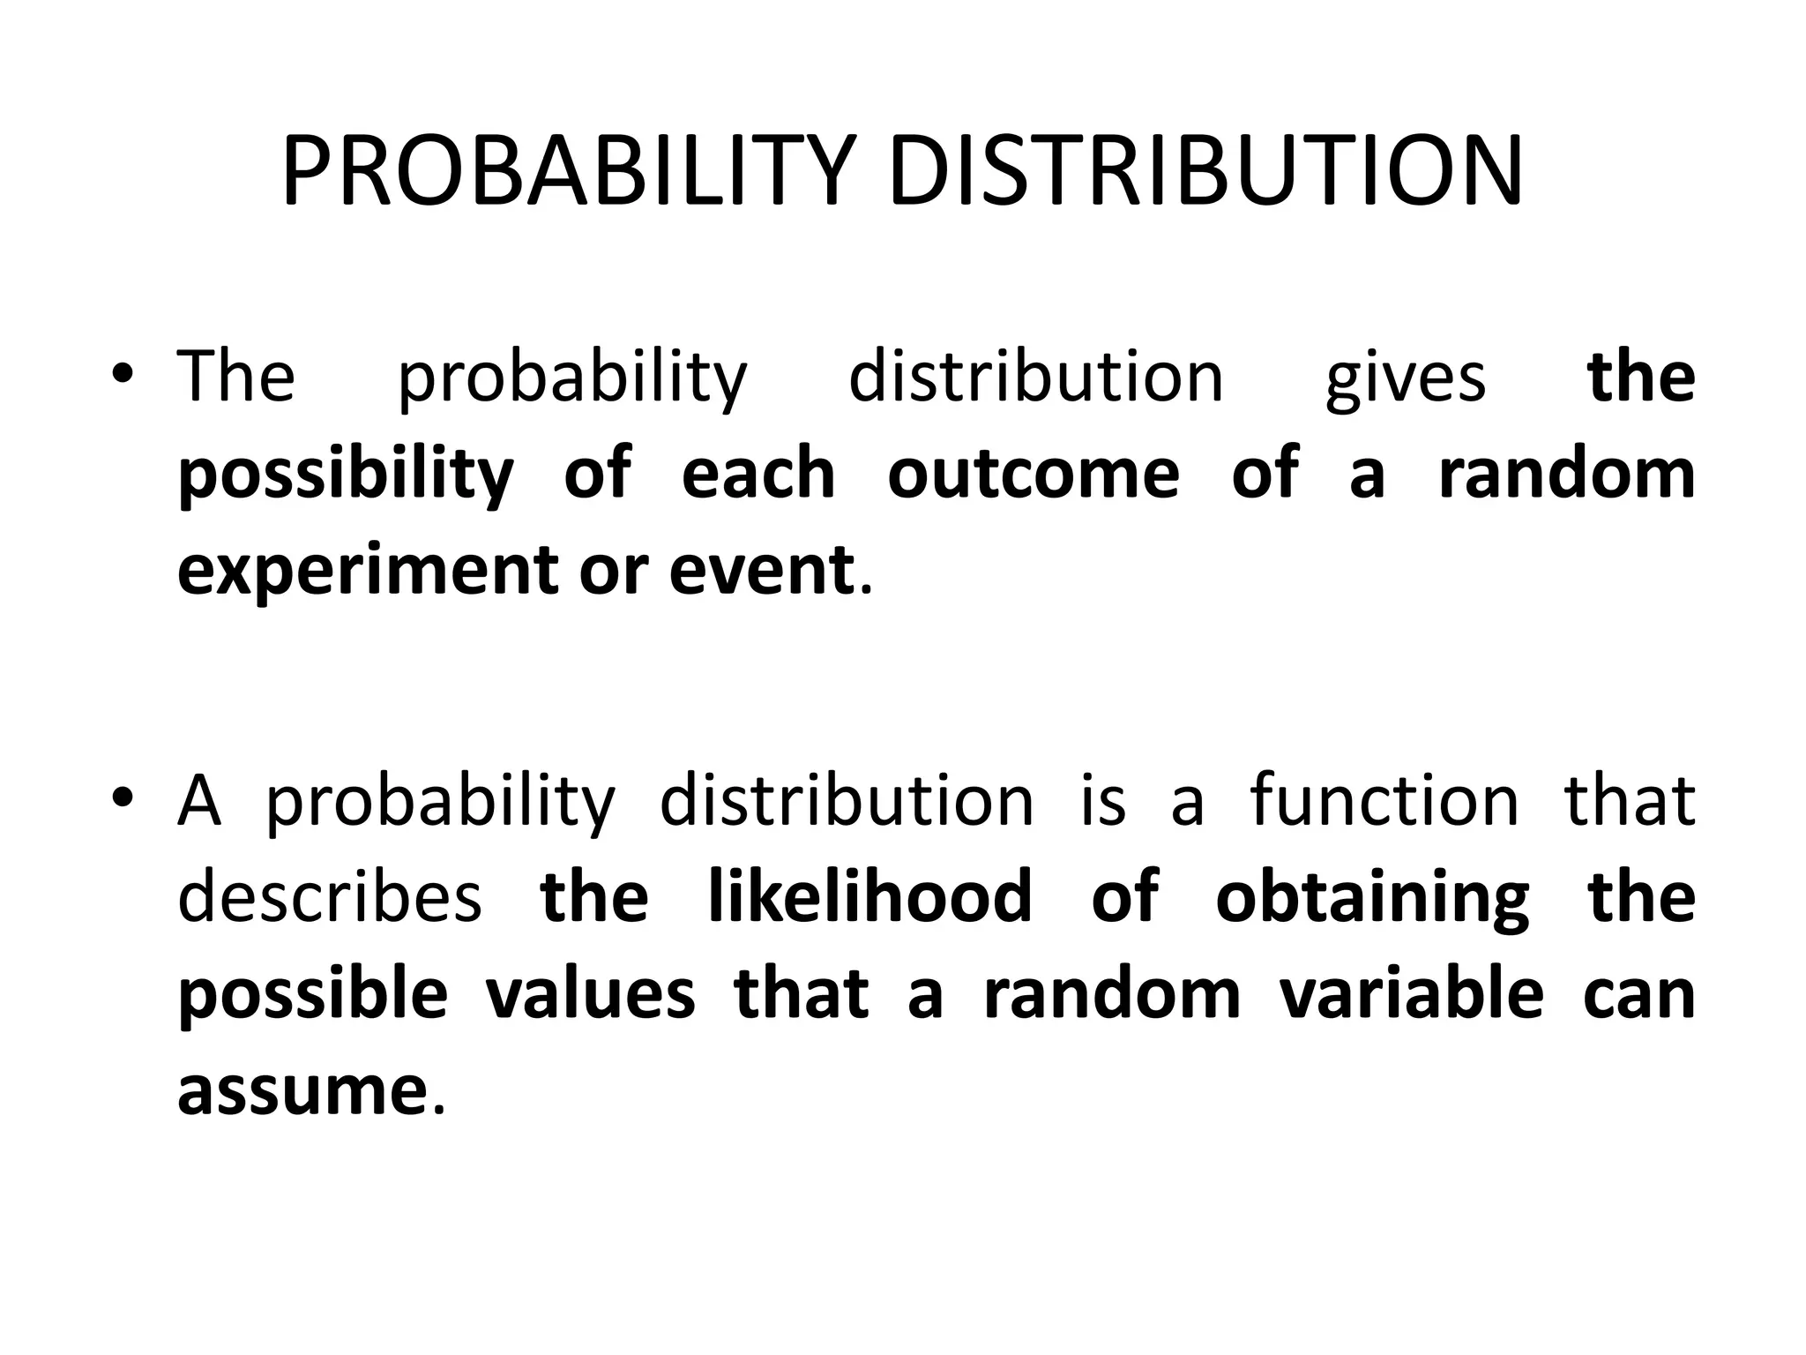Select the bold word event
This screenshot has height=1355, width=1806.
762,570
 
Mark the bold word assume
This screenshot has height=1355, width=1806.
302,1091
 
